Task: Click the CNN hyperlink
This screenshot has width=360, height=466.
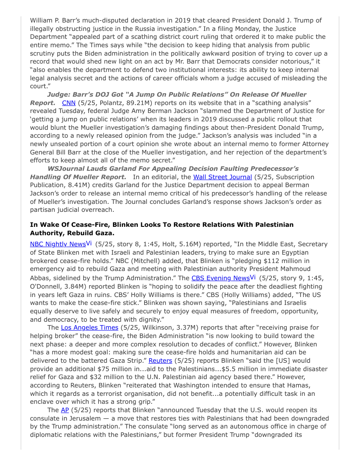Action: pos(69,102)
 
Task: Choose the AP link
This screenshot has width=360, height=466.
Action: pos(64,410)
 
